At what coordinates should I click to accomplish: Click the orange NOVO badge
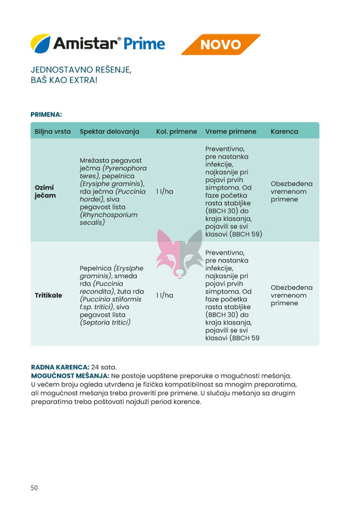220,44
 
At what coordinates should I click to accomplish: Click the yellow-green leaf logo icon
40,43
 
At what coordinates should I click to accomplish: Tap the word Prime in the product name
145,44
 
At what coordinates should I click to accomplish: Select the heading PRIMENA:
46,115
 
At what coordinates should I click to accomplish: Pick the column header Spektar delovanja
110,132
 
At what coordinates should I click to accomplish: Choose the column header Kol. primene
176,132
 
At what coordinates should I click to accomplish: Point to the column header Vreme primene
230,132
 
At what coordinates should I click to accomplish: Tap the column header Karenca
284,132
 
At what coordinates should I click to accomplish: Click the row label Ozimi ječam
45,191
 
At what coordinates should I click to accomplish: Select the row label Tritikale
48,295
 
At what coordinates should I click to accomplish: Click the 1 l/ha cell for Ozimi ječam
164,192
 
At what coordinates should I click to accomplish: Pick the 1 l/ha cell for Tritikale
164,295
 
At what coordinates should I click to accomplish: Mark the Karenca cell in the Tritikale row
291,295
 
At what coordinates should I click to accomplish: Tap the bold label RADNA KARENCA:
60,367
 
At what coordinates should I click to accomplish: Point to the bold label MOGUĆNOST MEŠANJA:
70,376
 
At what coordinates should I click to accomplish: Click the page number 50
34,488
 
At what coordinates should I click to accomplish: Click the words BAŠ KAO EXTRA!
64,81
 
